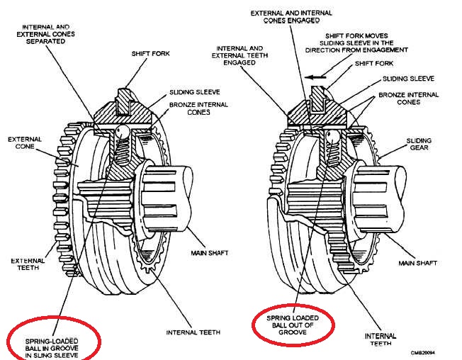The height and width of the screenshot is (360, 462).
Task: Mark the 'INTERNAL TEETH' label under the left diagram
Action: (192, 332)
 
